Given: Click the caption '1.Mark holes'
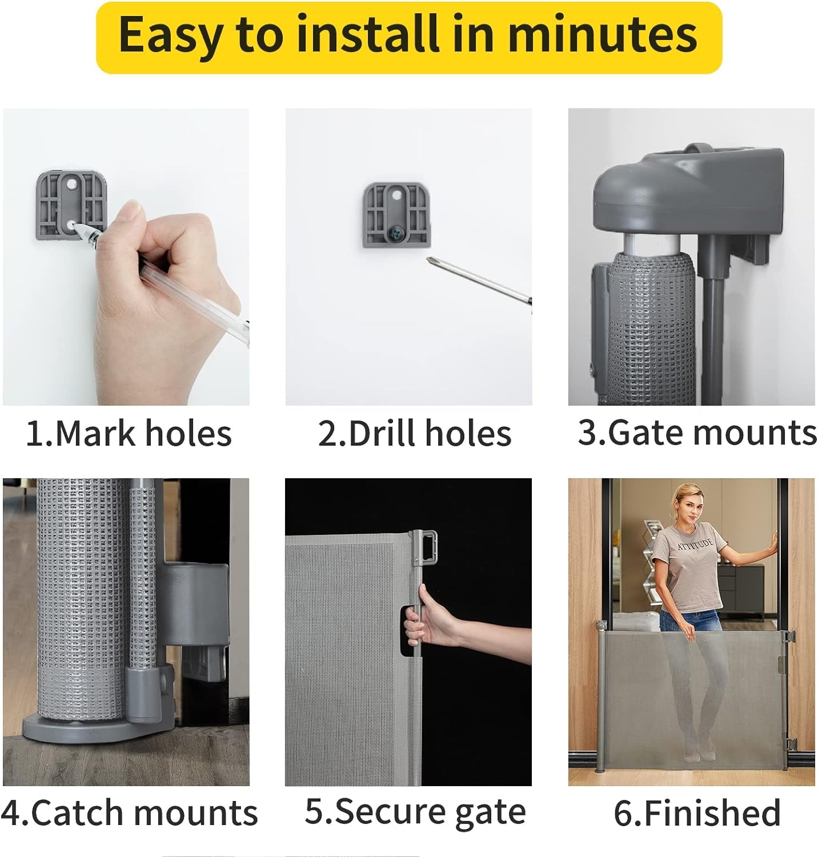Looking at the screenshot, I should pos(129,433).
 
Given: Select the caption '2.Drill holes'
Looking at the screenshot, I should pos(414,433).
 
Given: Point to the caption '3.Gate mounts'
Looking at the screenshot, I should pos(697,432).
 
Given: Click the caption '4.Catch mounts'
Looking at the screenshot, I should pos(129,812).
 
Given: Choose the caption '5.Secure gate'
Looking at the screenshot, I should pos(415,811).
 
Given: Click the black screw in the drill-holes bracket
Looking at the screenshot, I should pos(395,233).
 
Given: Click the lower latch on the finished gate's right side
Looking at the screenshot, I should pos(789,744).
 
